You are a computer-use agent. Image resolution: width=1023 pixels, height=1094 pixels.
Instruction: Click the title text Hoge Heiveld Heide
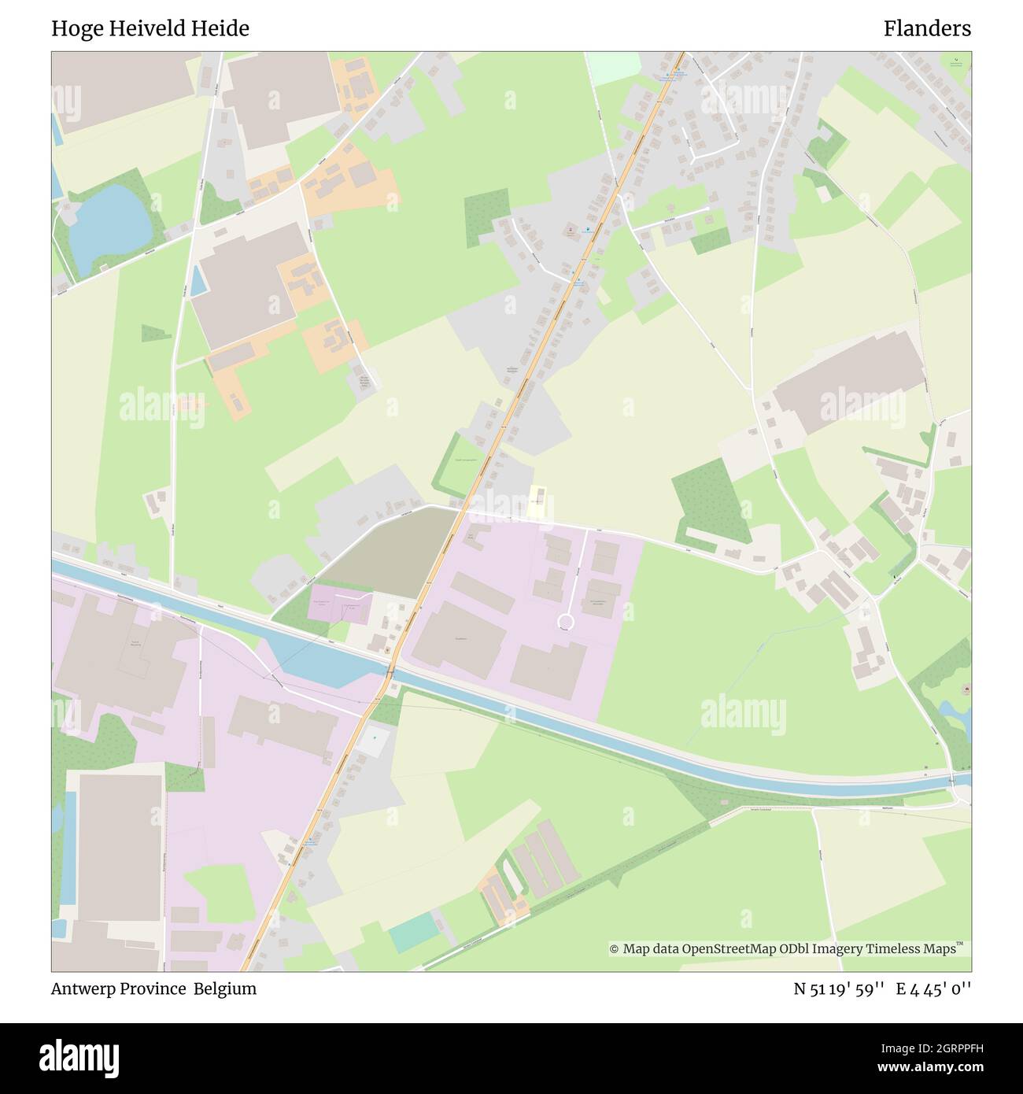tap(150, 29)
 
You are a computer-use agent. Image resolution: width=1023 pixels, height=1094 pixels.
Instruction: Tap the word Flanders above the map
tap(926, 29)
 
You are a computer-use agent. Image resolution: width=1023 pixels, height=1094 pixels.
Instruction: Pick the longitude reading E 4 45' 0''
tap(936, 989)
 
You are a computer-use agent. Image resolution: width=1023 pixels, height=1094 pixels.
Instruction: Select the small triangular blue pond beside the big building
tap(198, 280)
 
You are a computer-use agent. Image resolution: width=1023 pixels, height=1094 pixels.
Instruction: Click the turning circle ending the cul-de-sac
tap(565, 623)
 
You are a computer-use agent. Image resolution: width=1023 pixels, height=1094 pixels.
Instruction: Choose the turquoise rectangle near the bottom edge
tap(414, 932)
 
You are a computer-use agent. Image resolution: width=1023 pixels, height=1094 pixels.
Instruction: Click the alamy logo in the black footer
tap(79, 1056)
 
